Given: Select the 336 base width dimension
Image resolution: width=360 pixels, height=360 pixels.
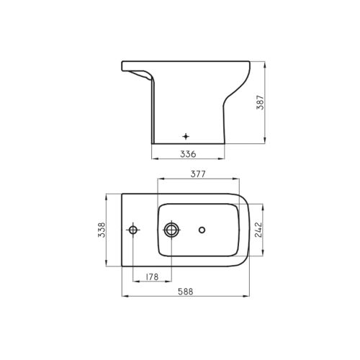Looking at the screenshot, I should click(x=188, y=153).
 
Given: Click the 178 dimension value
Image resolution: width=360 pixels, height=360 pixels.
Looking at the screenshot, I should click(x=152, y=277).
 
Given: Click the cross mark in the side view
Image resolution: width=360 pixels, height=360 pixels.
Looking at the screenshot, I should click(x=186, y=135).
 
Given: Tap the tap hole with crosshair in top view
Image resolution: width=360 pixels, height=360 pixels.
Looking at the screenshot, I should click(x=132, y=230).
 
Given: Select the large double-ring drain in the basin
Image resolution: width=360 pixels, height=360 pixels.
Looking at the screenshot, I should click(x=171, y=230).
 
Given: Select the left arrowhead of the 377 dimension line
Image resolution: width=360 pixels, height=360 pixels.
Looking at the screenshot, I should click(x=159, y=179).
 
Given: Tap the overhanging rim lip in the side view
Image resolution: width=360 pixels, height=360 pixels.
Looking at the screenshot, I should click(x=137, y=70).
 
